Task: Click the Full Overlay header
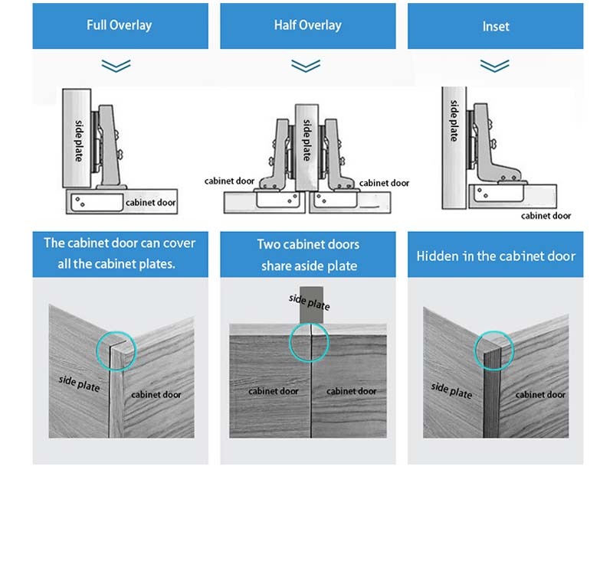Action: click(x=120, y=25)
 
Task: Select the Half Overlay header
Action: click(x=307, y=25)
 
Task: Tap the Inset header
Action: click(x=495, y=25)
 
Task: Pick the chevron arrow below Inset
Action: click(x=495, y=66)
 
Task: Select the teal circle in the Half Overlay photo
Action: click(x=309, y=342)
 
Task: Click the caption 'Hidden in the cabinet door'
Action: click(x=495, y=256)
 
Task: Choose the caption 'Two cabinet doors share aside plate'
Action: click(x=308, y=255)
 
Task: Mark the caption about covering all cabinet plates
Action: click(x=120, y=254)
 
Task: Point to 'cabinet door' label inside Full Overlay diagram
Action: click(x=151, y=203)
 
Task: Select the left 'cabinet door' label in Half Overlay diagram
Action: click(x=229, y=181)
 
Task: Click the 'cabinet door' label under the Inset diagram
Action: click(x=546, y=216)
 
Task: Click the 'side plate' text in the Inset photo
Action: click(x=451, y=390)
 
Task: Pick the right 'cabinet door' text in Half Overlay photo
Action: click(x=351, y=391)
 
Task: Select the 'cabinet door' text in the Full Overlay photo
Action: click(x=156, y=394)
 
